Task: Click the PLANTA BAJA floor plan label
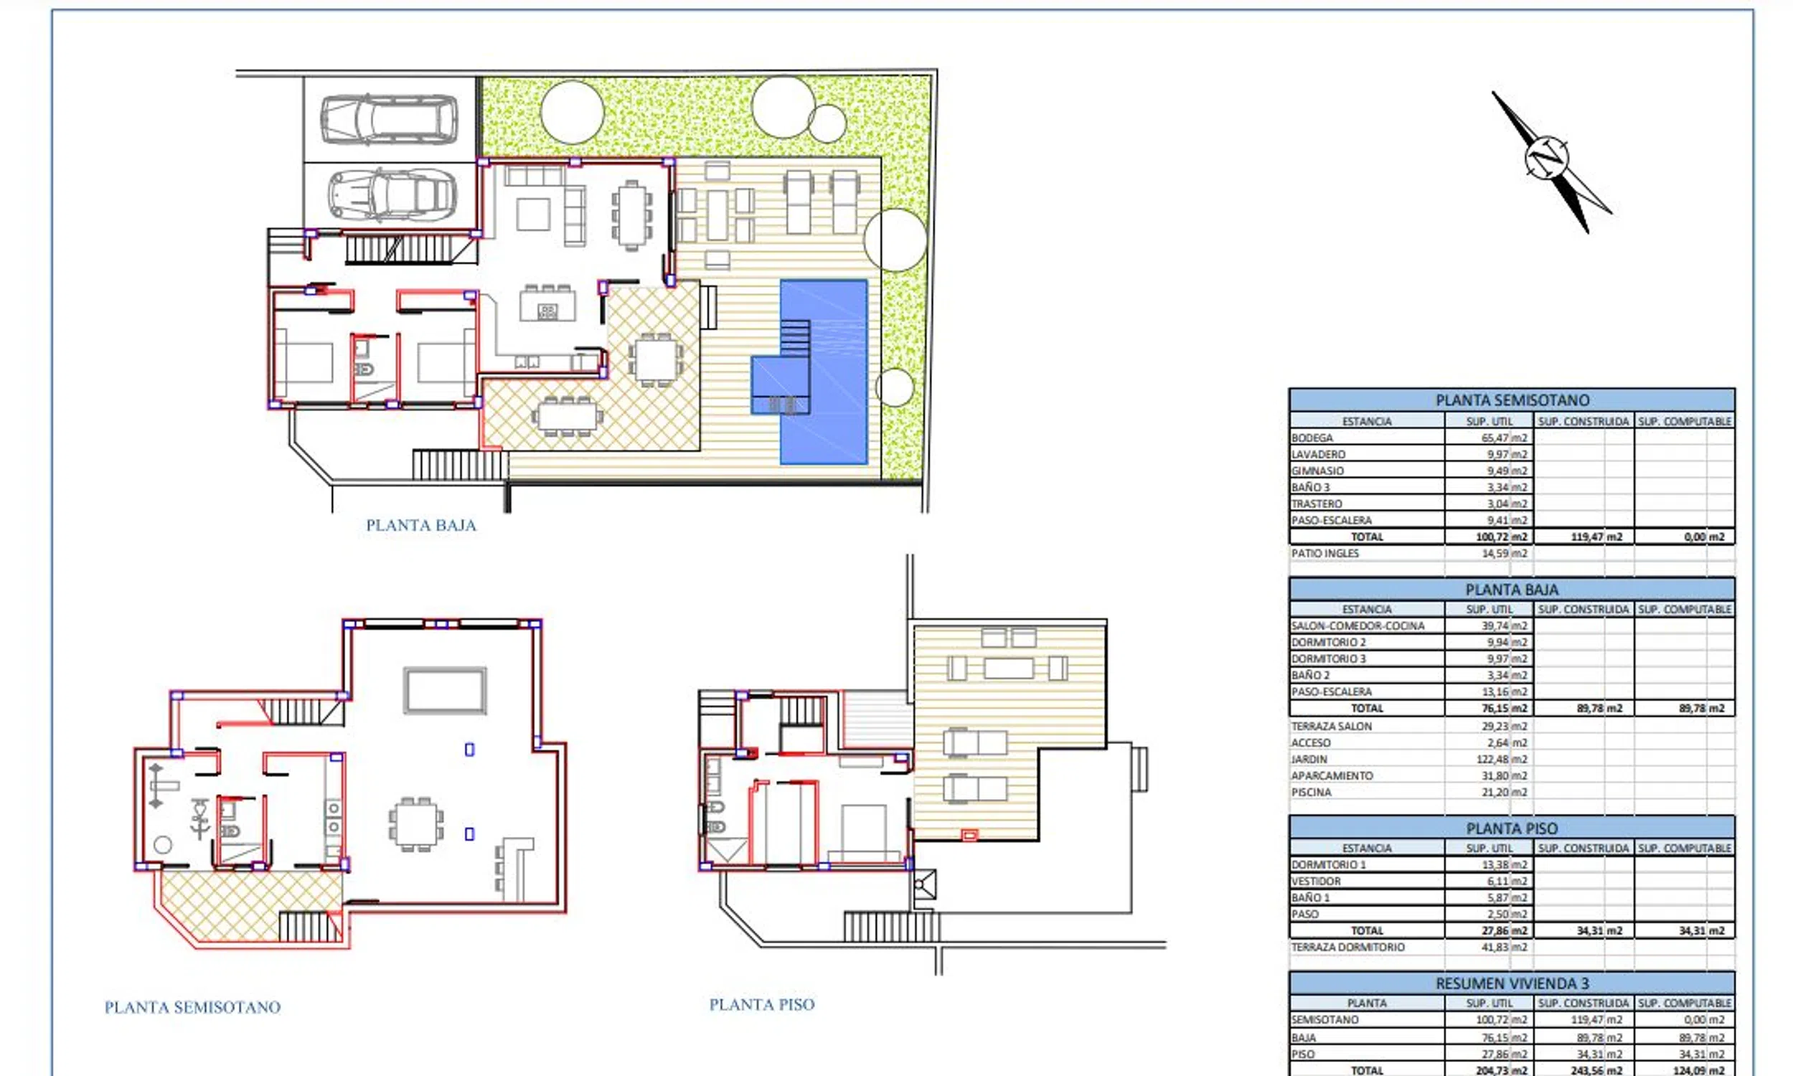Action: point(420,525)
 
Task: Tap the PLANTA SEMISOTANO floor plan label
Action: point(192,1007)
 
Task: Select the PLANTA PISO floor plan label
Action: point(761,1004)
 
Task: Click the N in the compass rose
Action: point(1546,156)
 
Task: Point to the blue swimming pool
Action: point(824,372)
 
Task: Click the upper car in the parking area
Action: point(390,119)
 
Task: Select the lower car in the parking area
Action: point(392,195)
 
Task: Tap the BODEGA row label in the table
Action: point(1312,438)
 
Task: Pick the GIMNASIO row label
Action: point(1317,471)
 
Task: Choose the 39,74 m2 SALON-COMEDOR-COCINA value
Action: point(1505,626)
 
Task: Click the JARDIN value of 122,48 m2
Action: point(1502,759)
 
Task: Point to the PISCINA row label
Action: point(1311,792)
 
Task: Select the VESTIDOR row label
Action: point(1316,881)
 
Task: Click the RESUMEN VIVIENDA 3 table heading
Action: point(1512,983)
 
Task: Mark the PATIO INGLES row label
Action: point(1324,553)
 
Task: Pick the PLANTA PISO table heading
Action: point(1512,828)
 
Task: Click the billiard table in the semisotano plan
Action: point(445,691)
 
